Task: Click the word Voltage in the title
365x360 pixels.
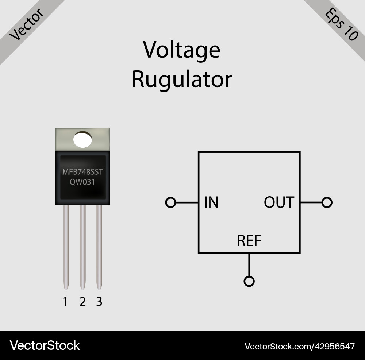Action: (181, 50)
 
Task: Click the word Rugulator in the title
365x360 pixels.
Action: (181, 79)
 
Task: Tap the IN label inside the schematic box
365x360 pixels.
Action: (211, 202)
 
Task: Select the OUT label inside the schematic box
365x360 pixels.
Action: (279, 202)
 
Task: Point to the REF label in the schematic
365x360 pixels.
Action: (249, 241)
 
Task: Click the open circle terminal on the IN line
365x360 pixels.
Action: (170, 202)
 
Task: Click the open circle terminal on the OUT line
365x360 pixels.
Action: (327, 202)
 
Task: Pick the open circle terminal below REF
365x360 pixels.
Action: (249, 281)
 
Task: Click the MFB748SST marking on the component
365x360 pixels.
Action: (82, 172)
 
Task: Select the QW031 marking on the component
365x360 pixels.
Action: (82, 182)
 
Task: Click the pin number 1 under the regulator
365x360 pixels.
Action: (65, 302)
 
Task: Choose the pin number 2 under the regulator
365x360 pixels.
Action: (82, 302)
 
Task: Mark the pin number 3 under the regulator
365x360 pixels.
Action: (99, 302)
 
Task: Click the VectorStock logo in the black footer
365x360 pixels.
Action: (45, 345)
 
